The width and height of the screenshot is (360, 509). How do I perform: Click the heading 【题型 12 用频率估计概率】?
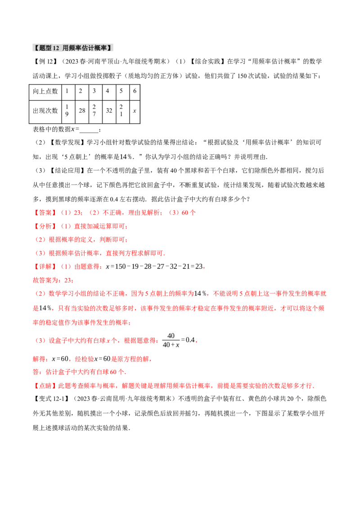[73, 48]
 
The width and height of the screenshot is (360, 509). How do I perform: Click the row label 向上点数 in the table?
[45, 91]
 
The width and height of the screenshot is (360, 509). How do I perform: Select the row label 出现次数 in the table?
[45, 111]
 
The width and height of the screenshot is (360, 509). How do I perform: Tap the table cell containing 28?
[82, 111]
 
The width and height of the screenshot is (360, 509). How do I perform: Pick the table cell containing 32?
[109, 111]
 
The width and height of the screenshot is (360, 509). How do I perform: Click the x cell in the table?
[135, 111]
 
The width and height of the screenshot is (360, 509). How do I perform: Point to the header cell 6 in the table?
[135, 91]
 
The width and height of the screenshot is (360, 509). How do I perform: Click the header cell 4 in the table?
[108, 91]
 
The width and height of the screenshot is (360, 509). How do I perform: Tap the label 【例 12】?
[46, 61]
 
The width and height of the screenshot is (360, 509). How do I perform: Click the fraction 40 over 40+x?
[171, 340]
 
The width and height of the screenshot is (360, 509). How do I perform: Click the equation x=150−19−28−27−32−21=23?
[155, 267]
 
